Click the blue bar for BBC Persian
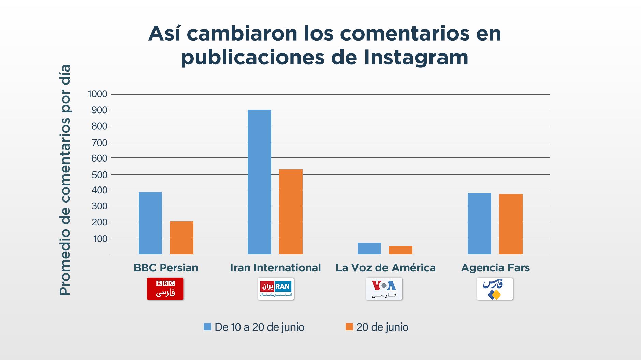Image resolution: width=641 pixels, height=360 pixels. [x=150, y=223]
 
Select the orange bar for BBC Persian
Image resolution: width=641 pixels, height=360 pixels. [x=181, y=238]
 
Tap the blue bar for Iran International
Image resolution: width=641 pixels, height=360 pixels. [x=259, y=182]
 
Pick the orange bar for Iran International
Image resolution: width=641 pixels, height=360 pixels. [x=291, y=212]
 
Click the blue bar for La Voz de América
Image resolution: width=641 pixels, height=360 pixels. [x=369, y=249]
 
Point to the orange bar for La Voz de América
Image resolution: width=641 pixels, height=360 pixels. [x=400, y=250]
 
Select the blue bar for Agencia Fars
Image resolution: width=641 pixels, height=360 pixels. [x=479, y=224]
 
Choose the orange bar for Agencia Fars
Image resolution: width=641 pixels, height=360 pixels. [x=511, y=224]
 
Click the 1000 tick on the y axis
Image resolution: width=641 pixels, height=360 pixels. [x=98, y=94]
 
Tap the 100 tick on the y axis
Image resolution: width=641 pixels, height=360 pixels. [x=100, y=239]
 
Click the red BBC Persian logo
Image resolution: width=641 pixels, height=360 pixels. [x=165, y=289]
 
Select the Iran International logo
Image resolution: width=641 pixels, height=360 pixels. [x=275, y=289]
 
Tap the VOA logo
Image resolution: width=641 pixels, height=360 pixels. [x=384, y=289]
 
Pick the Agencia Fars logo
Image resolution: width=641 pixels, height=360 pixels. [x=494, y=289]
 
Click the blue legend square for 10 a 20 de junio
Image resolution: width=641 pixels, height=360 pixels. [x=207, y=327]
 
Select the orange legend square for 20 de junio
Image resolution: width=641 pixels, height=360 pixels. [x=349, y=327]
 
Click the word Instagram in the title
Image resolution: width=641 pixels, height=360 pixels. [x=416, y=57]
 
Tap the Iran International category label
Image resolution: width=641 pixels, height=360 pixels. [x=275, y=268]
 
